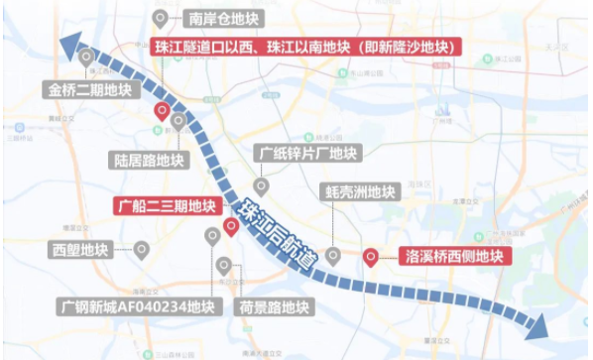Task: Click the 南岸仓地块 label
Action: coord(222,18)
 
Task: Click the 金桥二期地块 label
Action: coord(89,89)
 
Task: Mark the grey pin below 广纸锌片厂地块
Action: coord(261,185)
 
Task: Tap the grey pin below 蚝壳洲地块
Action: coord(333,255)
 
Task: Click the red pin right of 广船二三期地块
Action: coord(230,227)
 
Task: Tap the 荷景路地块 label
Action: coord(274,306)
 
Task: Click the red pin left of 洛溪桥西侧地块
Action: coord(371,255)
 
